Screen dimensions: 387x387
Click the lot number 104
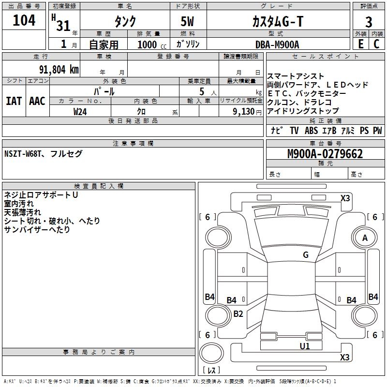(x=24, y=21)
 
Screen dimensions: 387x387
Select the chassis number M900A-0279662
(x=325, y=154)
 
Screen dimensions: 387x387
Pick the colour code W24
(x=80, y=111)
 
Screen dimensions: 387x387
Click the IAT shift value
(x=14, y=101)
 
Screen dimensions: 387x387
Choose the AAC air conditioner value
(x=37, y=101)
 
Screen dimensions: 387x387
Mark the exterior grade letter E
(x=360, y=44)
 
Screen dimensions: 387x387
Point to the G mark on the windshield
(x=306, y=255)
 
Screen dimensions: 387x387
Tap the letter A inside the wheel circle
(x=365, y=238)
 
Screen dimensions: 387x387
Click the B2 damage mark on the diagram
(x=238, y=313)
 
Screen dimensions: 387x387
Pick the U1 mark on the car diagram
(x=305, y=346)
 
